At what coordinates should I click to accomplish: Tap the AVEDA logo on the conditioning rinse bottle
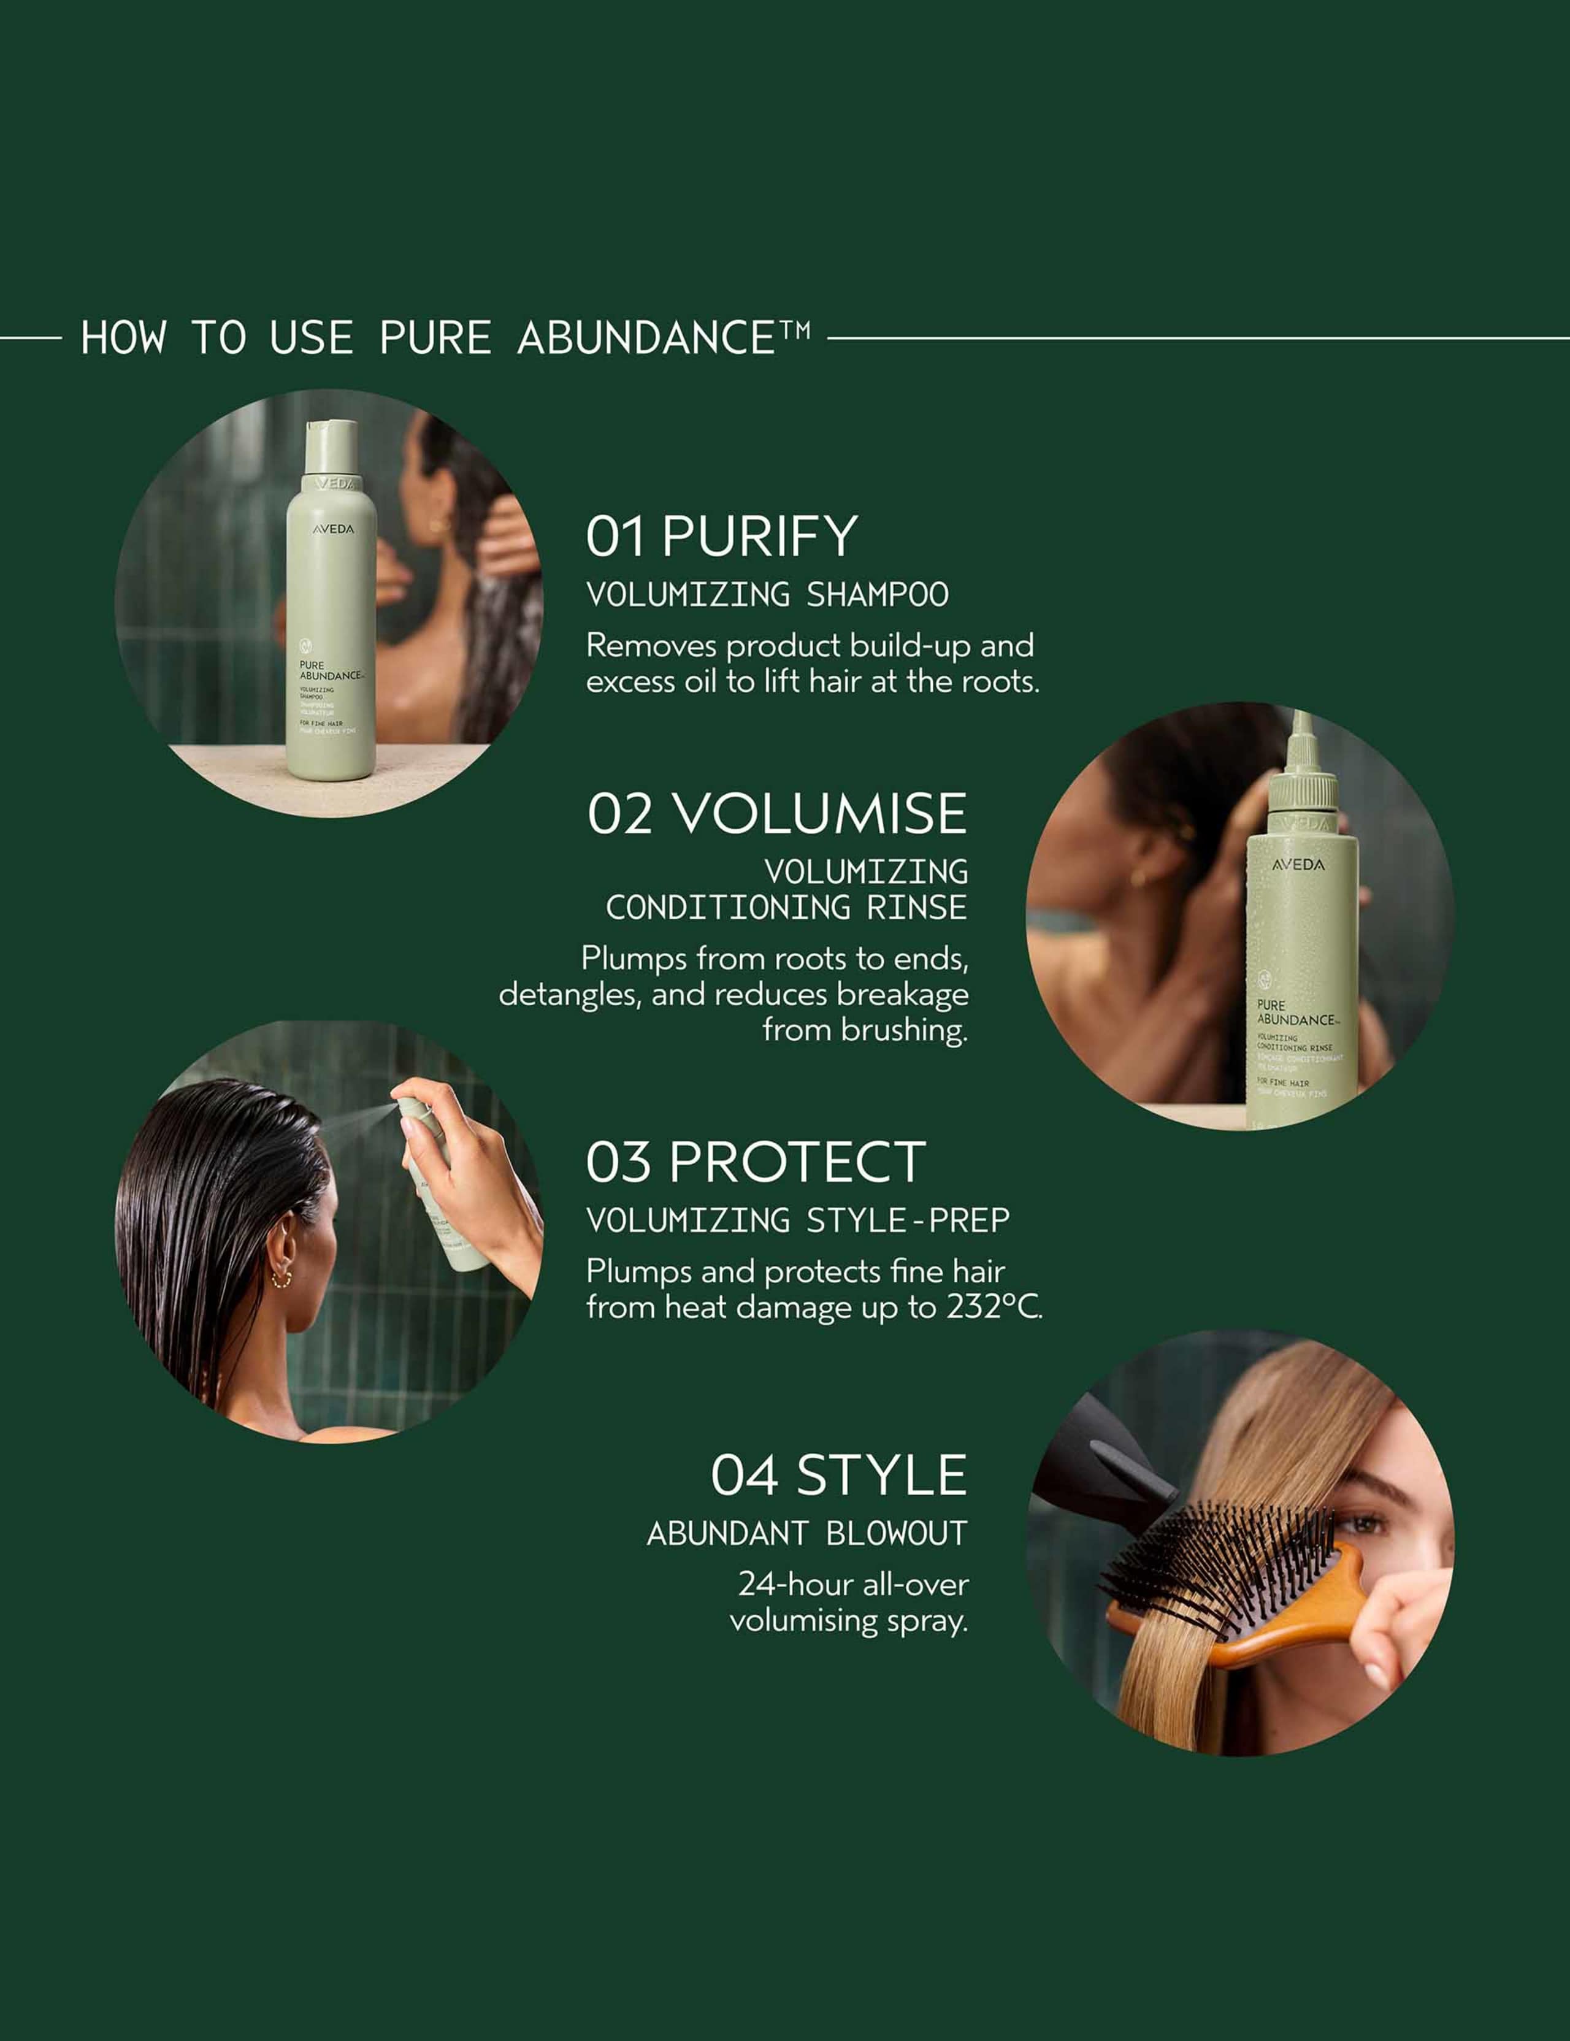(x=1298, y=865)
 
